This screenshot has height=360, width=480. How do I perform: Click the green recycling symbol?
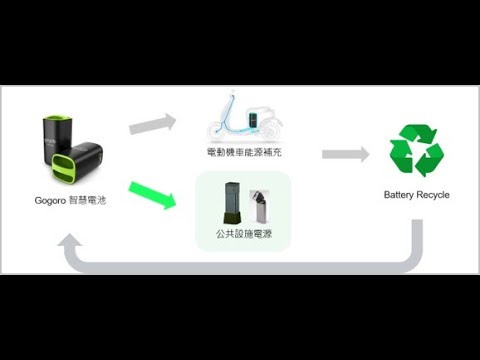416,151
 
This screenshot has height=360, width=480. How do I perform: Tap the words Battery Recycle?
416,194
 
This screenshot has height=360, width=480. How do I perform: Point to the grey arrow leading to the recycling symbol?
346,154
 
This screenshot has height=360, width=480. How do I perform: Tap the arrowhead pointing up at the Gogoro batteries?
71,243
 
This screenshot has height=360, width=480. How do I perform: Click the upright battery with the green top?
54,140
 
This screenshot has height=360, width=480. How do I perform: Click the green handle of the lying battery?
65,165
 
